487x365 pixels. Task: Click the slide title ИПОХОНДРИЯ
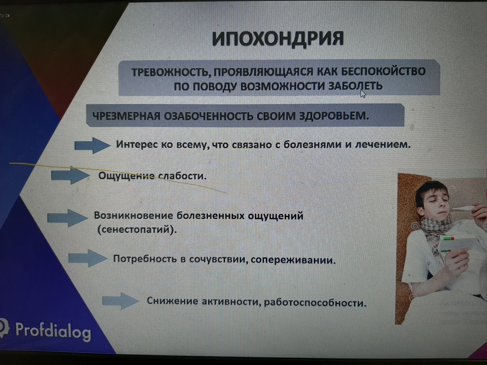pos(278,39)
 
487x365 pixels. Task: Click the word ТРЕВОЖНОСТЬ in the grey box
pos(167,72)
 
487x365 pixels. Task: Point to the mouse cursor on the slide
pos(363,93)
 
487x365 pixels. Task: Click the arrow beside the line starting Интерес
pos(92,145)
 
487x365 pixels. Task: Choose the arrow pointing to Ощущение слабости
pos(70,175)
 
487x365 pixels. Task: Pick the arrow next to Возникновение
pos(67,217)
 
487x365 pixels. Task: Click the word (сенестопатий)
pos(137,230)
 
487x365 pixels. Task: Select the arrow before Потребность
pos(87,258)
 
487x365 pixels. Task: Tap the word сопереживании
pos(293,260)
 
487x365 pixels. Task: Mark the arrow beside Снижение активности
pos(120,301)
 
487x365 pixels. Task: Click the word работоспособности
pos(315,303)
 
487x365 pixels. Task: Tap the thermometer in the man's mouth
pos(463,208)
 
